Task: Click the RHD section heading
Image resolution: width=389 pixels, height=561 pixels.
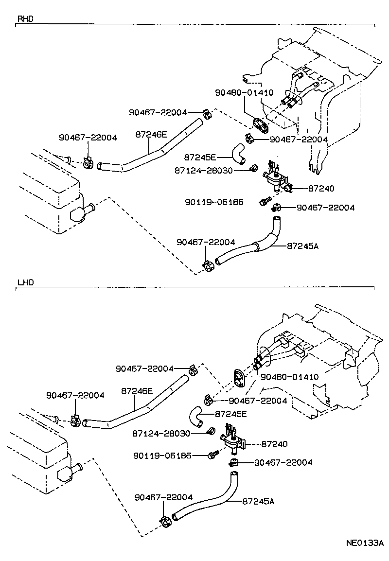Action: [25, 19]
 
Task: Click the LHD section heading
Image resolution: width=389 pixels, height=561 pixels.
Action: [25, 282]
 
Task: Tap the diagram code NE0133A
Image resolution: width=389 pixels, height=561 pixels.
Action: [365, 543]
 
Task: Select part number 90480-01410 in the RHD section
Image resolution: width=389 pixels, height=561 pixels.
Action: [245, 92]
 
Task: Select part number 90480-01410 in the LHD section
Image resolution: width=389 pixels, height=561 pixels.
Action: [289, 377]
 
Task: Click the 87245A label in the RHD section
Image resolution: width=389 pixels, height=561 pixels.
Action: [302, 246]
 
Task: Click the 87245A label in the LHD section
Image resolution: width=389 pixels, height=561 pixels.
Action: [258, 502]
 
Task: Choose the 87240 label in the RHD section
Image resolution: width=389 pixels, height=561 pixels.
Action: [307, 188]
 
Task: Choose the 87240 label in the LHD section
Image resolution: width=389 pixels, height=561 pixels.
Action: [275, 444]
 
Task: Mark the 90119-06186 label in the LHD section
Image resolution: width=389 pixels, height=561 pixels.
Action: [163, 456]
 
